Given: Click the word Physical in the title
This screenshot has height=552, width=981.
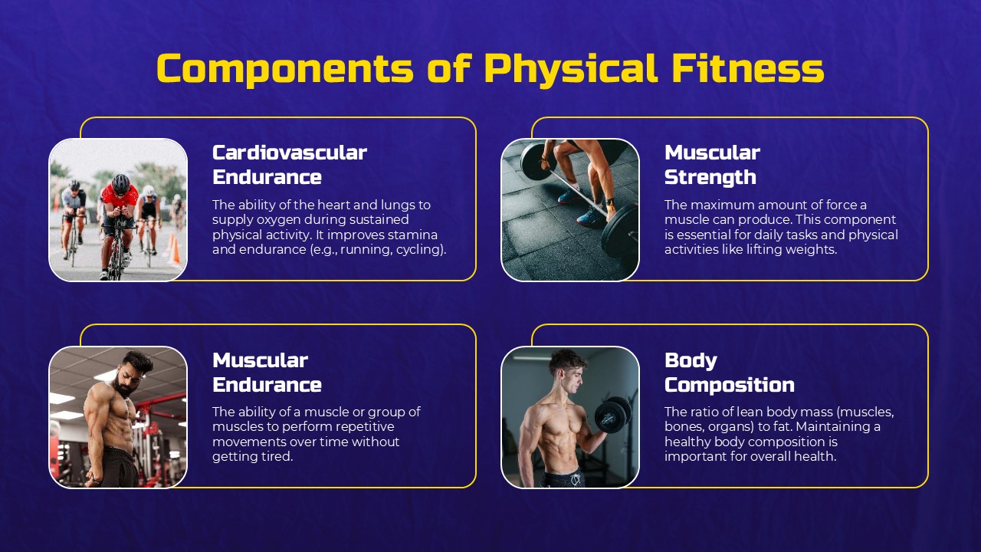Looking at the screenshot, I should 571,68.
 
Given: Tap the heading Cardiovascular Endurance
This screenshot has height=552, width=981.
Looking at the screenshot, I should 289,165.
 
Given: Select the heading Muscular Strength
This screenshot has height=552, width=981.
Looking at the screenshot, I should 711,165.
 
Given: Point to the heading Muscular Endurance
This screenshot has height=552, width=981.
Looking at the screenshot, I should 266,372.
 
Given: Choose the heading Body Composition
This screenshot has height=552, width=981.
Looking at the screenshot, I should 729,372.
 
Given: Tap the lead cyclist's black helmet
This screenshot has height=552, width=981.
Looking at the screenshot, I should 121,183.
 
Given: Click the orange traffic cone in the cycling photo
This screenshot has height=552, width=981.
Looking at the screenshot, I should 174,249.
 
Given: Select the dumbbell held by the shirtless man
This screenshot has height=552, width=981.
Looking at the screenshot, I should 612,414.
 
